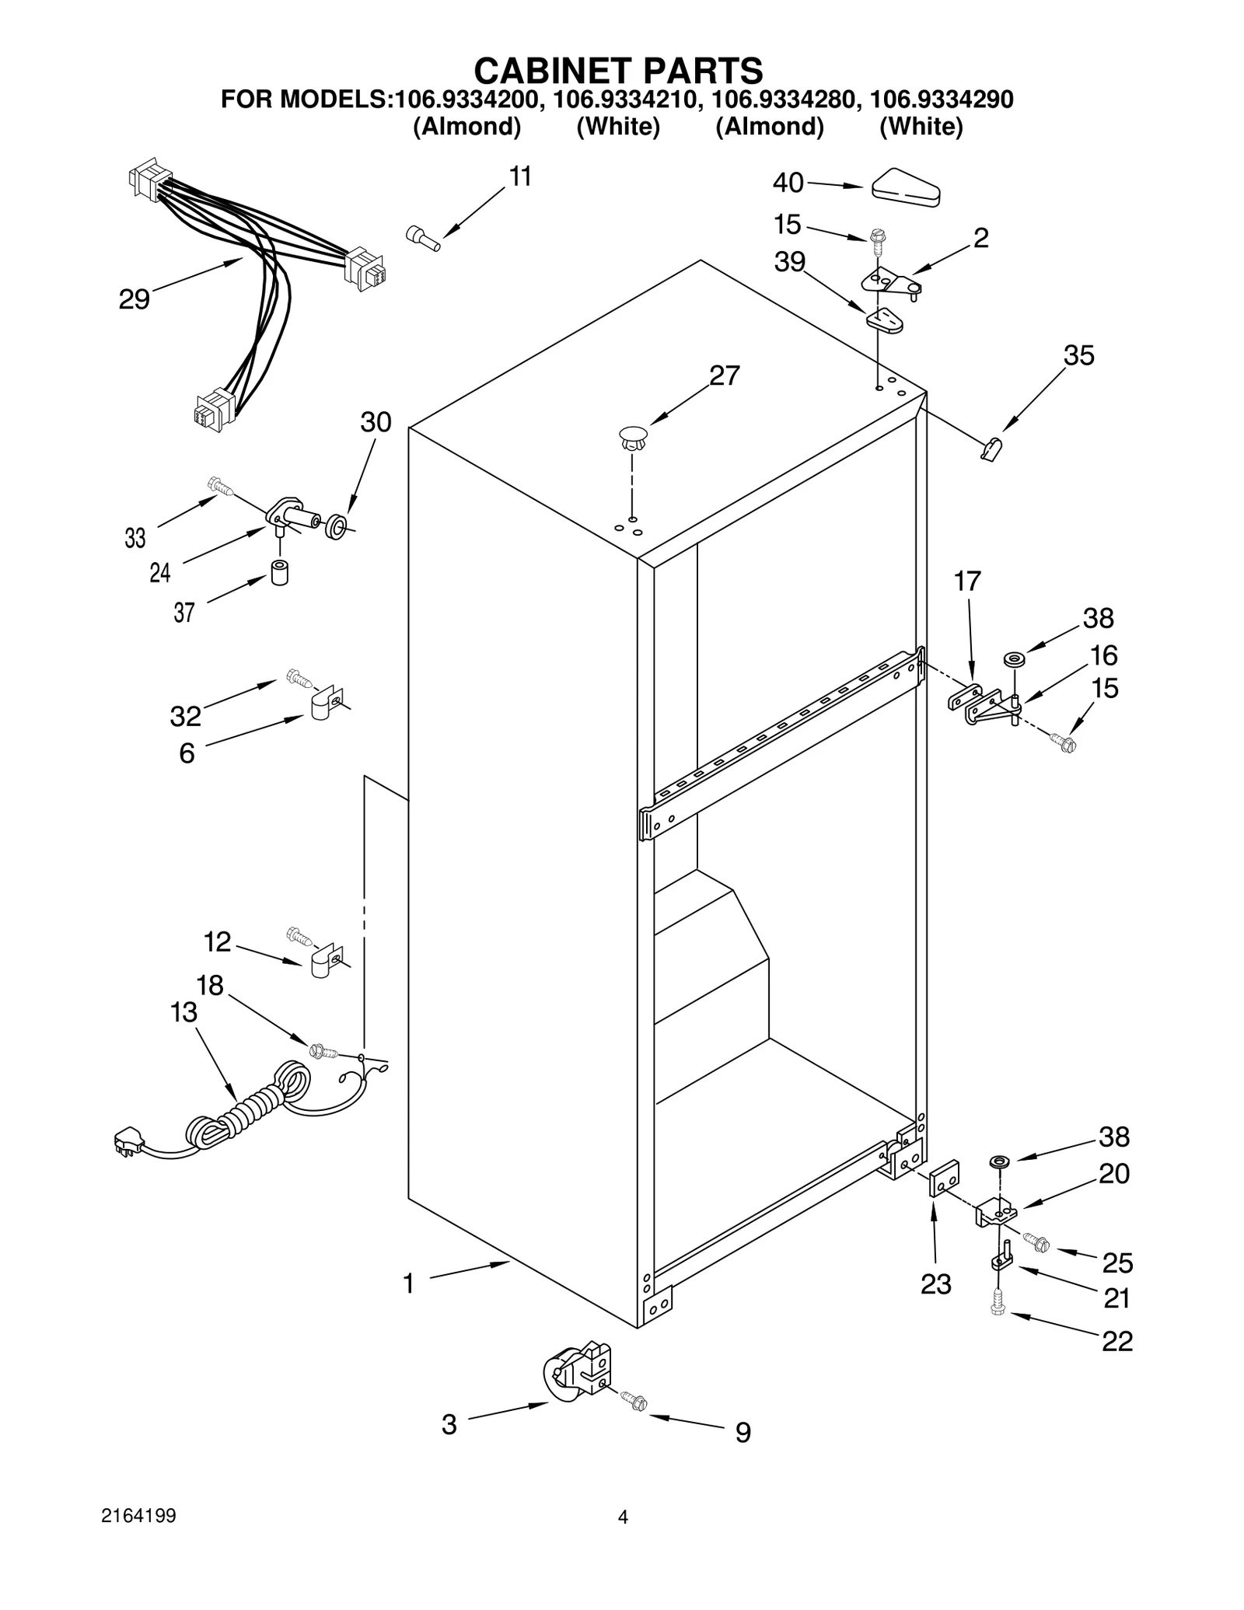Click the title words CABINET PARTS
(x=618, y=71)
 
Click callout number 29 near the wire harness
(x=134, y=299)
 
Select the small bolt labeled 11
(x=422, y=237)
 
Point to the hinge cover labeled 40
(x=906, y=189)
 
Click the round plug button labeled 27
(x=634, y=438)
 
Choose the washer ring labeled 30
(x=336, y=526)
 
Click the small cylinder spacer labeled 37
(x=278, y=572)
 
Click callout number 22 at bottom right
(x=1116, y=1341)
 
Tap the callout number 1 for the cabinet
(x=408, y=1284)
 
